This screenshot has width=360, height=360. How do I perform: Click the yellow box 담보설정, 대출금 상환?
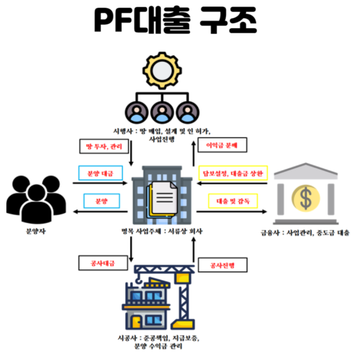pyautogui.click(x=232, y=173)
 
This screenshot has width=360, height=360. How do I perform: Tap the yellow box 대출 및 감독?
pyautogui.click(x=232, y=201)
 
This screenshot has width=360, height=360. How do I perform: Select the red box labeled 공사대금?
pyautogui.click(x=99, y=264)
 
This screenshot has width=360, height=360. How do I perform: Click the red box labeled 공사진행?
pyautogui.click(x=223, y=266)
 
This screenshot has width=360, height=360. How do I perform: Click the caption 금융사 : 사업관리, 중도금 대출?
pyautogui.click(x=305, y=233)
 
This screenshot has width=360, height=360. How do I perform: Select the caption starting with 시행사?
pyautogui.click(x=163, y=135)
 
